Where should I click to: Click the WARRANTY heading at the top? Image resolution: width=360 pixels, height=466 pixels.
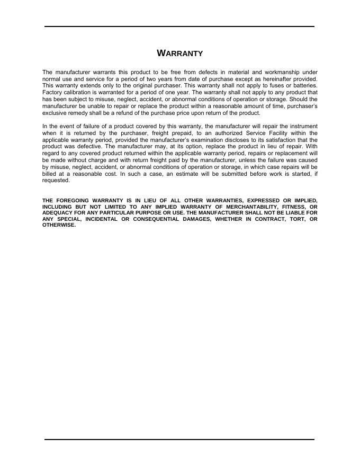click(180, 53)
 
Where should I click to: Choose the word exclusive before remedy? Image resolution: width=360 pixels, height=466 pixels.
click(55, 113)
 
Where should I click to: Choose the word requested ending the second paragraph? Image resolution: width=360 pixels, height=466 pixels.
click(56, 181)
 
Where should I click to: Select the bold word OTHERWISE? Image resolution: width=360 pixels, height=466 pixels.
click(59, 225)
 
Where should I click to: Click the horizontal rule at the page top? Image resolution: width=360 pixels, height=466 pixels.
click(179, 26)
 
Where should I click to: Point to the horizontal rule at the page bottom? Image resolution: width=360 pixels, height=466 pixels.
click(179, 439)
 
